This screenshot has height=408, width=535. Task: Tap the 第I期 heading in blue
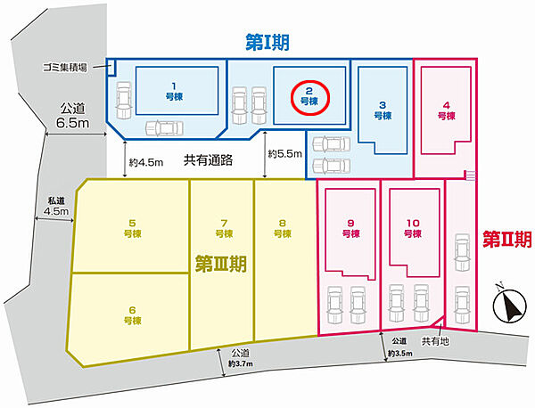point(267,43)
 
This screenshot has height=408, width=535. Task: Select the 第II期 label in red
point(507,239)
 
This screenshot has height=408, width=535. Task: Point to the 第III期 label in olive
point(221,264)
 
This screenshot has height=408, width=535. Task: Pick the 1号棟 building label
point(174,92)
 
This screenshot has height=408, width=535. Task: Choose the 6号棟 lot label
point(132,315)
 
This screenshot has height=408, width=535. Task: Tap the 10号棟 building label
point(413,228)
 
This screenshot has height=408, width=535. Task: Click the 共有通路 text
point(208,159)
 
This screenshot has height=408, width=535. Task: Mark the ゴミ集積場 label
point(64,68)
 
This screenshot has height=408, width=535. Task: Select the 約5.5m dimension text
point(285,154)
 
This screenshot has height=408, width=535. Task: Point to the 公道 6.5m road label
point(73,116)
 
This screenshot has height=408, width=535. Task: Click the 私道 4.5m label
point(56,207)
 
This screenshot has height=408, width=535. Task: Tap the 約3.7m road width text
point(241,363)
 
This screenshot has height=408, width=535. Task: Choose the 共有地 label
point(435,341)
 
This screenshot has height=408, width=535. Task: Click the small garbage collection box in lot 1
point(111,67)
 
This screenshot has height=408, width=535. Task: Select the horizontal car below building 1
point(164,128)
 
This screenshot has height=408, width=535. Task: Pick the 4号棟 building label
point(447,110)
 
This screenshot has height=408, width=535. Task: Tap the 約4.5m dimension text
point(146,163)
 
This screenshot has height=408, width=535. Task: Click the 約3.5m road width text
point(399,354)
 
